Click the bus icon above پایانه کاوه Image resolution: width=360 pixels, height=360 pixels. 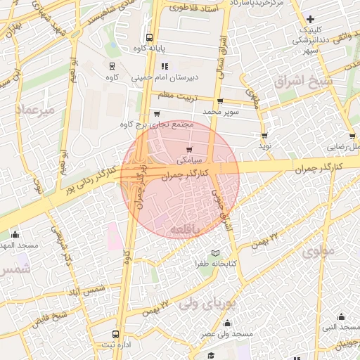point(148,38)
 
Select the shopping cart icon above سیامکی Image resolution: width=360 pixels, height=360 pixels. point(189,149)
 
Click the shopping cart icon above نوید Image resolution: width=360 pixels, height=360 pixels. point(264,136)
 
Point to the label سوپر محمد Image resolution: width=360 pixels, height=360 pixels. point(221,112)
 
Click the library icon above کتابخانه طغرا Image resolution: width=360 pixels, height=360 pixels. point(215,253)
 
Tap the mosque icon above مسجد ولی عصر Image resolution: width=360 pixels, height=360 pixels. point(227,323)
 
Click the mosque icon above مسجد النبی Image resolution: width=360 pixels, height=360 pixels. point(342,316)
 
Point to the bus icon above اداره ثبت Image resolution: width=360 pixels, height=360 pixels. point(116,334)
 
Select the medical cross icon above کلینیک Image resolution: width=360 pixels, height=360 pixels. point(311,18)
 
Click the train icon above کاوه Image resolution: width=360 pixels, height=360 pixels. point(112,66)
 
